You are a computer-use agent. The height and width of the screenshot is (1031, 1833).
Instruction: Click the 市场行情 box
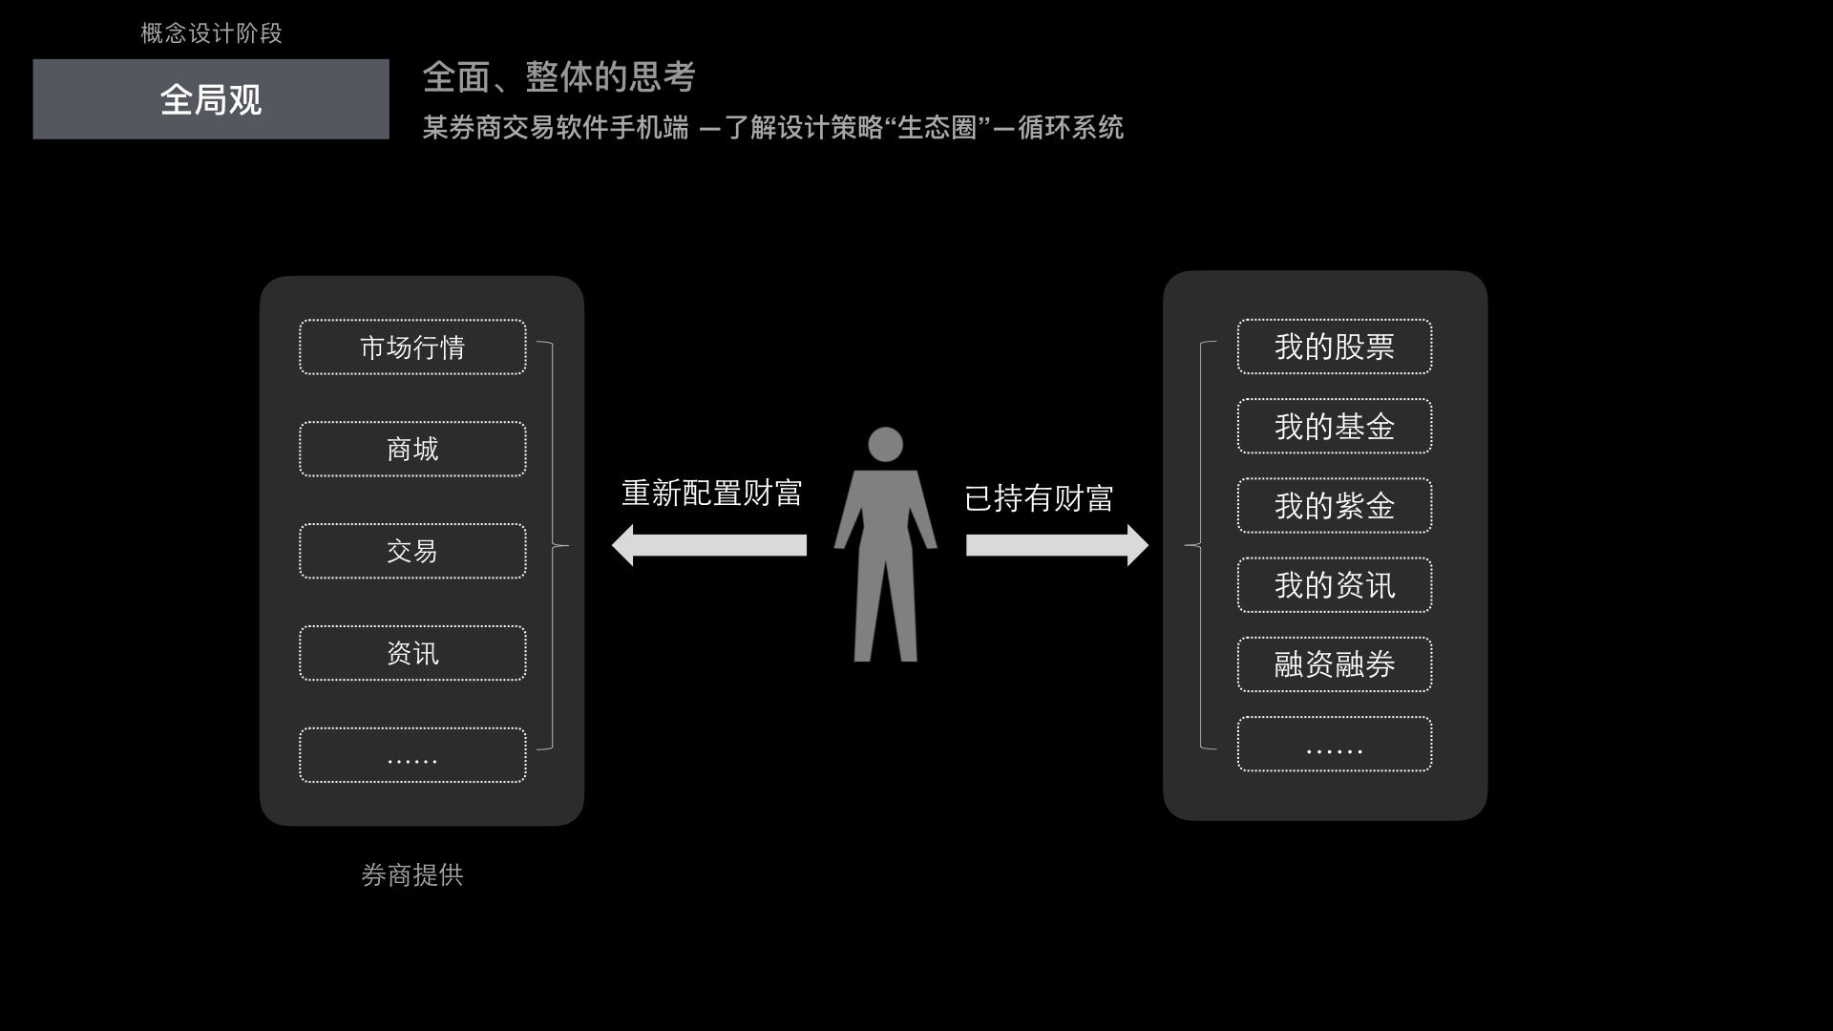412,347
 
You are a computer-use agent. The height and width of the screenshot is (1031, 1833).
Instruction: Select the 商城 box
412,450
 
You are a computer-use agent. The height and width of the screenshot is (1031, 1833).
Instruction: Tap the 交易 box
412,551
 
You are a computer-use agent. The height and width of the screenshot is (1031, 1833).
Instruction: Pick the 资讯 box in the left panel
412,653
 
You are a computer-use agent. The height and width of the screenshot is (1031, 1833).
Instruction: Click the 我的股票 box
1334,347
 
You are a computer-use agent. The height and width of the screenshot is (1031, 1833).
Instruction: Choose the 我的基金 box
1334,427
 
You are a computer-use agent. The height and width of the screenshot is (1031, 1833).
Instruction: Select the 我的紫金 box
1334,506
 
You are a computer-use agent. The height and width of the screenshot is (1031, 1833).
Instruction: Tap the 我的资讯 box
1334,585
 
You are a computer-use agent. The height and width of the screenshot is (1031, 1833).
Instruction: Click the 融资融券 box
1334,664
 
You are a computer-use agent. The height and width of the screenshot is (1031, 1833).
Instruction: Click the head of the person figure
885,444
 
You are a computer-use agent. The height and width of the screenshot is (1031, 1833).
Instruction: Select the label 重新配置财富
711,494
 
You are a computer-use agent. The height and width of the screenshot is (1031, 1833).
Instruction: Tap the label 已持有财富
1039,498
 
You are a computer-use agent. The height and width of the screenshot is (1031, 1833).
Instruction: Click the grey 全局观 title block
211,99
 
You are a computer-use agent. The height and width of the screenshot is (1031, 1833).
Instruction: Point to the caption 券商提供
412,875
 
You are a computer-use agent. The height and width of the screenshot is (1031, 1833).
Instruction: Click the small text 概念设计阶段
211,33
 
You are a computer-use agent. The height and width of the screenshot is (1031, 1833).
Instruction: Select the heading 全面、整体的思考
558,77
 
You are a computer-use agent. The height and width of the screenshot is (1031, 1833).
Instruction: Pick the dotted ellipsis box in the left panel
412,755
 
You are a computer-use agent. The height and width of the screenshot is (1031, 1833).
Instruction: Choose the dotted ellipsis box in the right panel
1334,744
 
